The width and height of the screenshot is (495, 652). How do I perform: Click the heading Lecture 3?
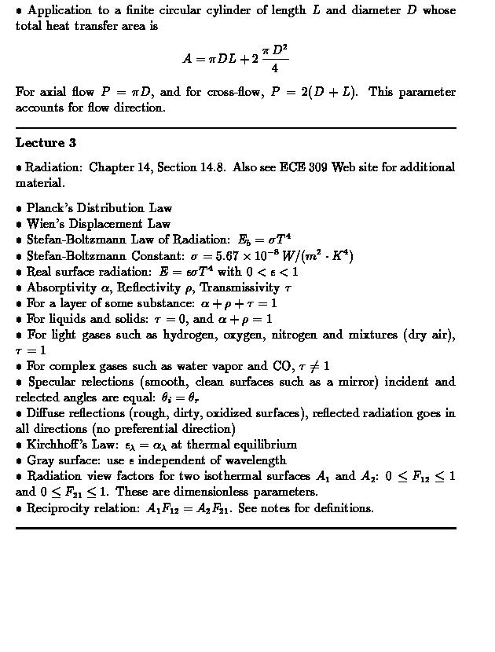tap(46, 143)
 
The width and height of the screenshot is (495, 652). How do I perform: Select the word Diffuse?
tap(47, 413)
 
